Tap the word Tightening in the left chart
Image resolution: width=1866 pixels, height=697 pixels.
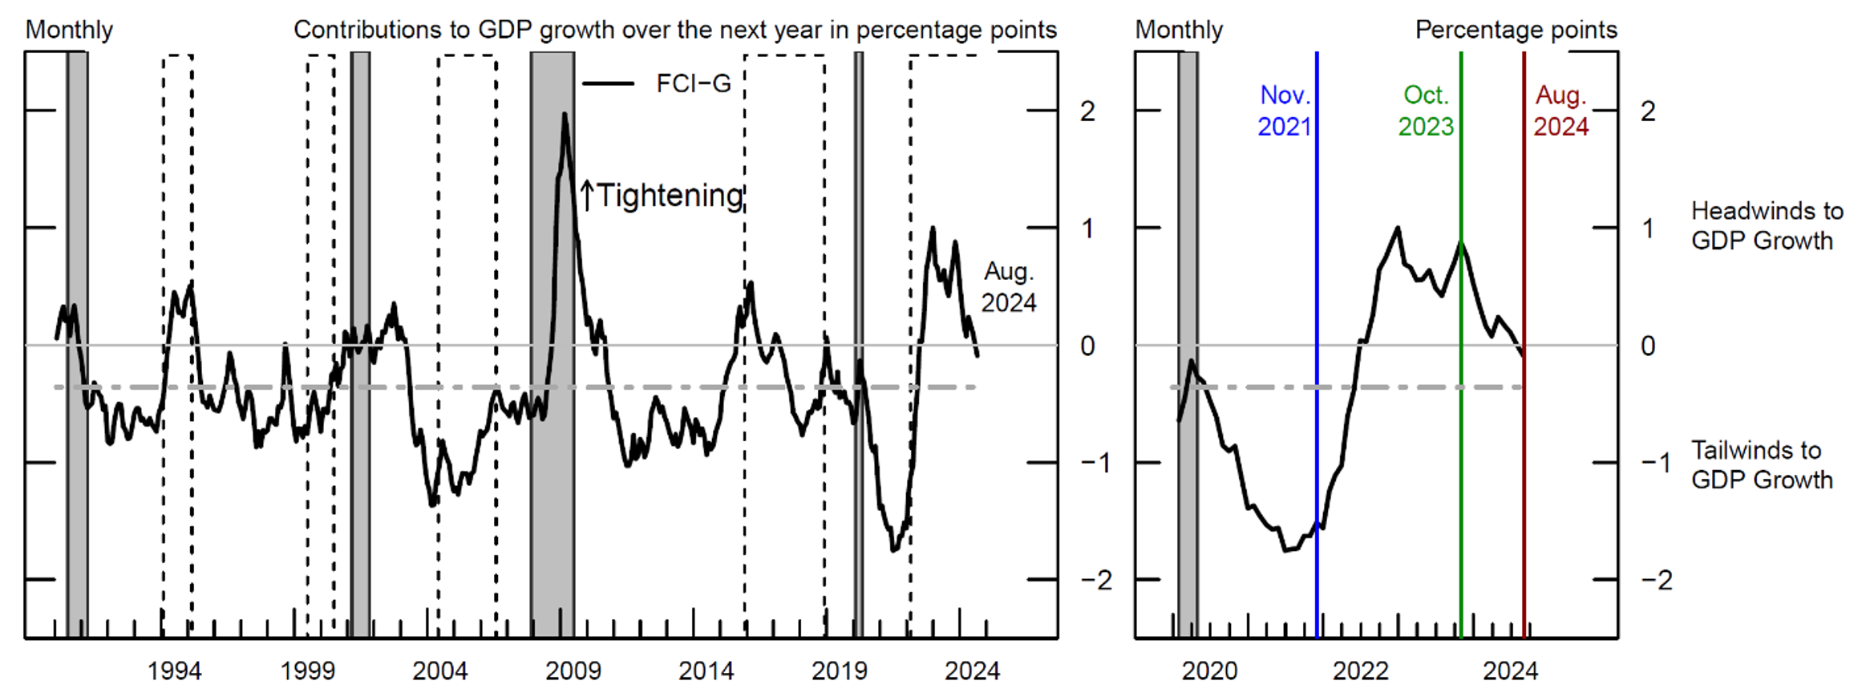(670, 196)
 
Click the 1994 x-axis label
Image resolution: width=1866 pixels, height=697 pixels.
(174, 671)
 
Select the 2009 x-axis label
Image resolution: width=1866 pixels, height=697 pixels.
(573, 671)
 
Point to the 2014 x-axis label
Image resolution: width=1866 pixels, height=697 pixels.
(706, 671)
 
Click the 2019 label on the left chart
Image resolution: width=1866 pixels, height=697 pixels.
(839, 671)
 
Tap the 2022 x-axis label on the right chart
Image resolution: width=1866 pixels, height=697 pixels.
(1360, 671)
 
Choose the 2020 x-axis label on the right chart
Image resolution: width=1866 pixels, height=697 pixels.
(1209, 671)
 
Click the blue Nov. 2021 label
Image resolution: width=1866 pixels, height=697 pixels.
(1284, 111)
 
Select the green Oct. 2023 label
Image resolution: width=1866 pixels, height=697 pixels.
(1426, 111)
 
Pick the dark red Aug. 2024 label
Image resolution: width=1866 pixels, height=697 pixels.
(1560, 111)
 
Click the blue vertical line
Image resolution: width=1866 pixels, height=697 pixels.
(1317, 321)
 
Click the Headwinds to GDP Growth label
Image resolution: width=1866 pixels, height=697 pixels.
(1767, 225)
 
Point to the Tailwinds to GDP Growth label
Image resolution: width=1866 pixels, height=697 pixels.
(1762, 465)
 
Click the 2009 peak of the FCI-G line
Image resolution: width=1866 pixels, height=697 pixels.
(565, 115)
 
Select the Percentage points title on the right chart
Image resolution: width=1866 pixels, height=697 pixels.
(1516, 30)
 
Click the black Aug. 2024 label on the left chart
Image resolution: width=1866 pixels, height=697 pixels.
(1009, 287)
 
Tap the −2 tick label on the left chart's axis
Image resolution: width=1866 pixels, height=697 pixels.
(1096, 580)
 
